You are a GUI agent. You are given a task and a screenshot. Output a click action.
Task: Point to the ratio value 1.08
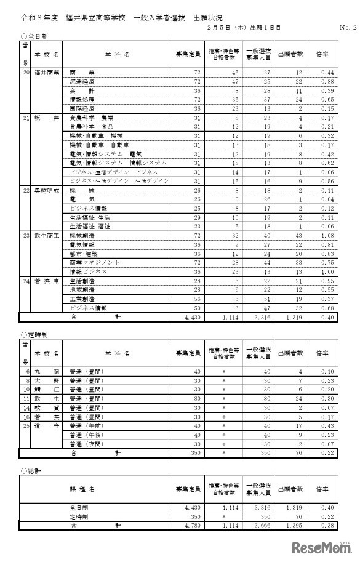click(x=327, y=236)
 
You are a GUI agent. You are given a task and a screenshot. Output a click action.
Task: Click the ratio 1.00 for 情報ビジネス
click(x=327, y=271)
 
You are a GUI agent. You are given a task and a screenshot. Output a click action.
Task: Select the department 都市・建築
click(x=83, y=254)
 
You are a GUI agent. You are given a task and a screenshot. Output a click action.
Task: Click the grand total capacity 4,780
click(x=185, y=526)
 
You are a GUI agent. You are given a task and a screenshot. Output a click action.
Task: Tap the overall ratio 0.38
click(x=327, y=526)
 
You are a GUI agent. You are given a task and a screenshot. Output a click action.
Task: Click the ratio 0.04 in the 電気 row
click(x=327, y=200)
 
